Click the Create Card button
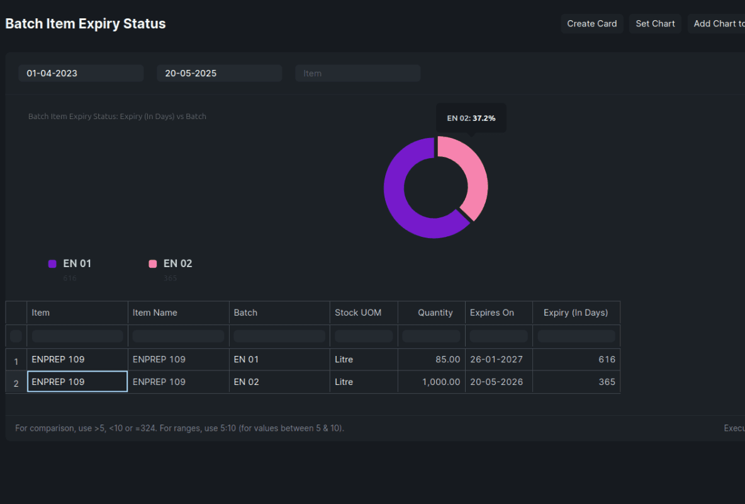click(591, 24)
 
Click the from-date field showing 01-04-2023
click(81, 73)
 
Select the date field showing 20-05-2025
click(219, 73)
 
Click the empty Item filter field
click(357, 73)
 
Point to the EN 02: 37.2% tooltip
click(471, 118)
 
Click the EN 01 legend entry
click(70, 263)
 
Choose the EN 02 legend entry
click(171, 263)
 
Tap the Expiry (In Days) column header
click(576, 312)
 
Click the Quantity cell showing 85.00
click(432, 359)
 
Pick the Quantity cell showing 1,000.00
click(432, 382)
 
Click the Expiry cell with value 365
click(576, 382)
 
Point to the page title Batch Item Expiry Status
click(86, 24)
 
